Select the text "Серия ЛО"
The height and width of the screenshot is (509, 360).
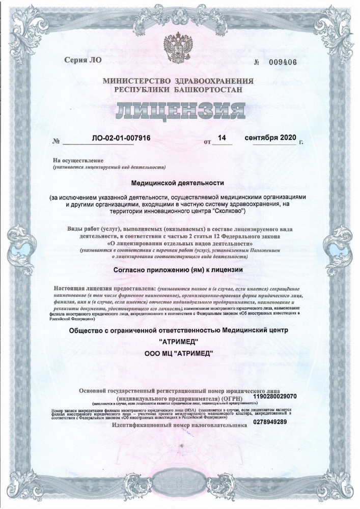[83, 60]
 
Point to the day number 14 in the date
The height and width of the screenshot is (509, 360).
[221, 138]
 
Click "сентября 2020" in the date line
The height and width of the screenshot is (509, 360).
[270, 138]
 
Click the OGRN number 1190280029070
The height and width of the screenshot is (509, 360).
[275, 395]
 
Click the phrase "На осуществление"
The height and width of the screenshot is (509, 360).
[74, 160]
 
